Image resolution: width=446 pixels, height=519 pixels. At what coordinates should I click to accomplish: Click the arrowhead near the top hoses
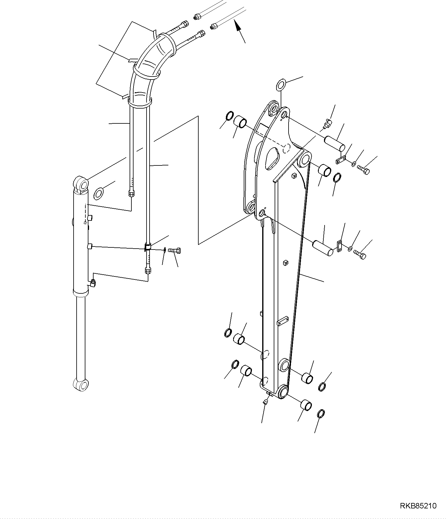(239, 25)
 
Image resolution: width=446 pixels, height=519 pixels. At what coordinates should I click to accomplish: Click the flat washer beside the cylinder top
(99, 194)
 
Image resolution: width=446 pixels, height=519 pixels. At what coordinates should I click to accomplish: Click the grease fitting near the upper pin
(327, 124)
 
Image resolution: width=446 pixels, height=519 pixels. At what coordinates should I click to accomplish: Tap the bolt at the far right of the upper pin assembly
(363, 169)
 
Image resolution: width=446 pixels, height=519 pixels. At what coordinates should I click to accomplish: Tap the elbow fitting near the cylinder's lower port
(93, 283)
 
